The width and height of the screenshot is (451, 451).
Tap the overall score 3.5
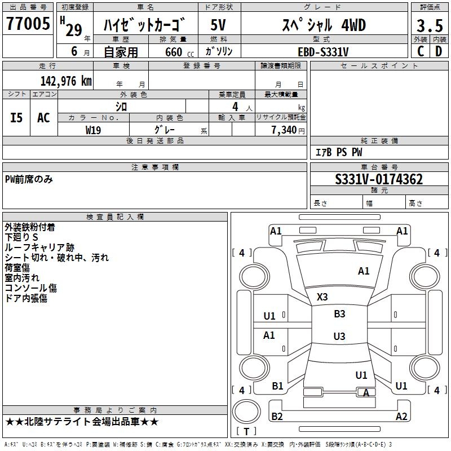point(428,26)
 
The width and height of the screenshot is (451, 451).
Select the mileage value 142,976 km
point(65,81)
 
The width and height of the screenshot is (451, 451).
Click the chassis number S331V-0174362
point(379,180)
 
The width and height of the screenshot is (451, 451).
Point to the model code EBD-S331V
point(323,52)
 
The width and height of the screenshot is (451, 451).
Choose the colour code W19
point(94,130)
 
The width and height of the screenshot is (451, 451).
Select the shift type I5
point(17,118)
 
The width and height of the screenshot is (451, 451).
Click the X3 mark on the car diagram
point(322,297)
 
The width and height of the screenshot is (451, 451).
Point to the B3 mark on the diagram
point(339,314)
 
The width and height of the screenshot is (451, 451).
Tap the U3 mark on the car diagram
point(339,337)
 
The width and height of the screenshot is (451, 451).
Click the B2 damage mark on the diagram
point(277,417)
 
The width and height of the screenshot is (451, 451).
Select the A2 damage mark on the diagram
point(401,417)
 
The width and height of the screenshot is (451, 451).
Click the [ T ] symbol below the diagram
point(246,432)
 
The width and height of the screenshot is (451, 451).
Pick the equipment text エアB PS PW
point(338,153)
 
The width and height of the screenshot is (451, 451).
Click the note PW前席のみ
point(29,179)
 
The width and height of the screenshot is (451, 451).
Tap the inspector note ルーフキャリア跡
point(39,247)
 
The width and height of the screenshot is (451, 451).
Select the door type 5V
point(219,25)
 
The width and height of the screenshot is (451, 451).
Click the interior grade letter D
point(439,51)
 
